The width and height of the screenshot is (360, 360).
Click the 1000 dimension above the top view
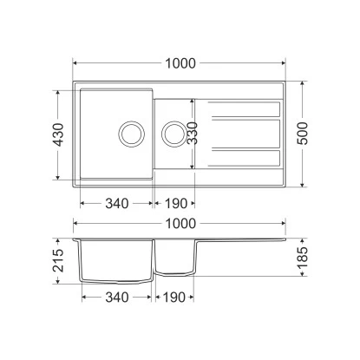180,63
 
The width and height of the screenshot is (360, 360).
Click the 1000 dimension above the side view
180,224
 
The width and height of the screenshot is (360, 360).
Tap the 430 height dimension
58,134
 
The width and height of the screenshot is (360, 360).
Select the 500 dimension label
303,134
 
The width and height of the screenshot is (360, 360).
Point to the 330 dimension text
192,134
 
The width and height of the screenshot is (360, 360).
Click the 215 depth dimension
58,260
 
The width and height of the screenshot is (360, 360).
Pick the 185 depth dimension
303,259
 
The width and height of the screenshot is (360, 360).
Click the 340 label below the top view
117,204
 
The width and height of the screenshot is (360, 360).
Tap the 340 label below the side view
117,297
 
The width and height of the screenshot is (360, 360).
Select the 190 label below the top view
176,204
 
